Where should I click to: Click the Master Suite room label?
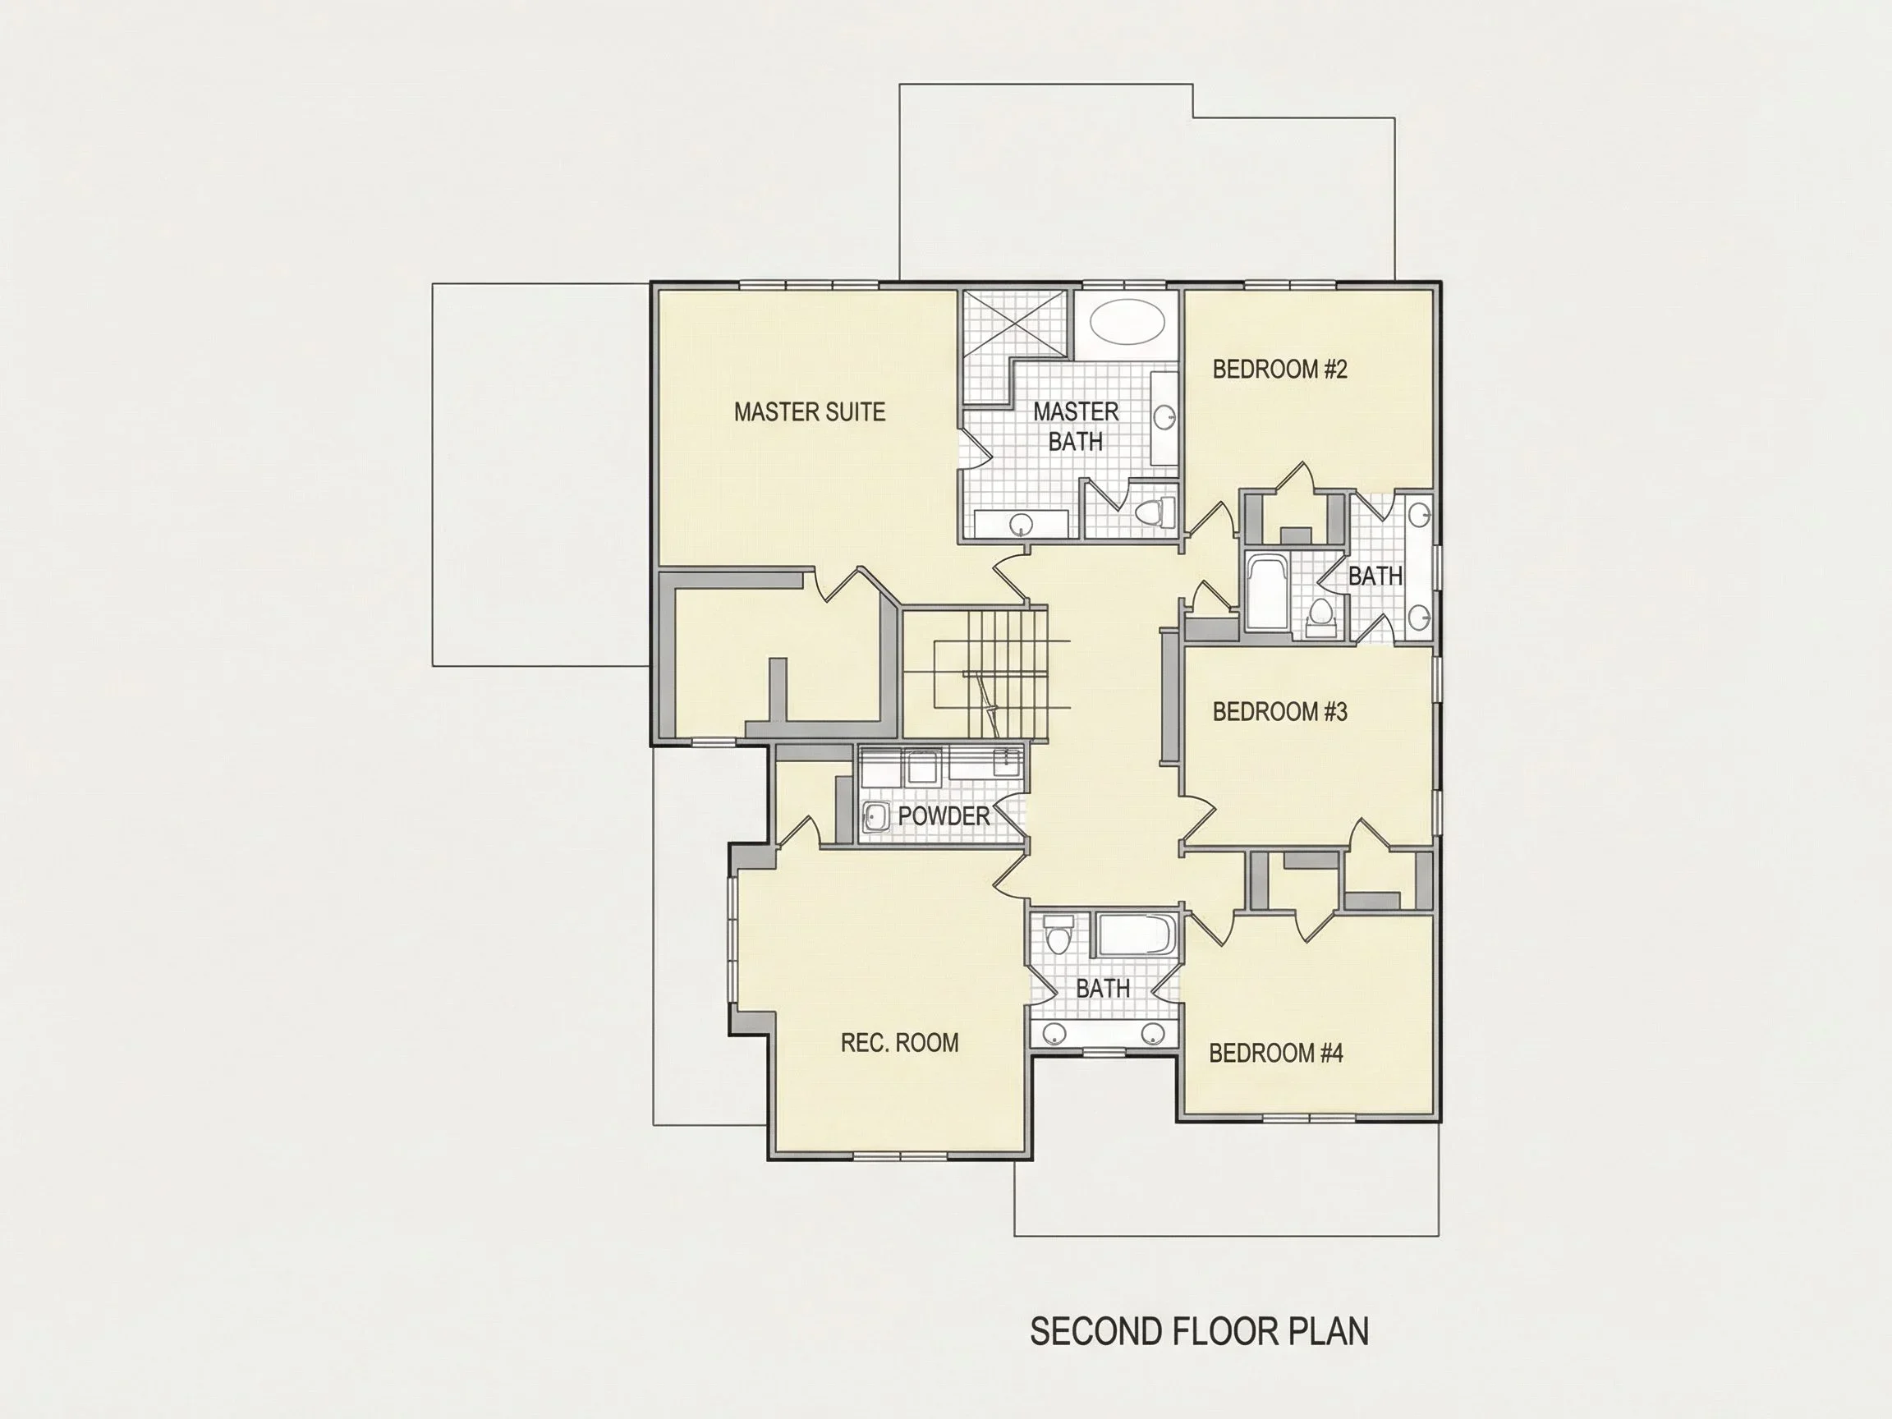pyautogui.click(x=809, y=412)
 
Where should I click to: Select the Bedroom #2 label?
pyautogui.click(x=1279, y=370)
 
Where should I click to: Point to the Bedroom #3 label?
pyautogui.click(x=1279, y=712)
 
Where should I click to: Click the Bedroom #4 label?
pyautogui.click(x=1276, y=1053)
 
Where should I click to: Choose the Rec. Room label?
pyautogui.click(x=900, y=1043)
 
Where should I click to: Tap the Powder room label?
pyautogui.click(x=944, y=816)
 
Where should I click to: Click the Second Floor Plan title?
pyautogui.click(x=1199, y=1332)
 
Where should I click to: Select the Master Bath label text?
pyautogui.click(x=1076, y=427)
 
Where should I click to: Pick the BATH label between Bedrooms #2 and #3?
pyautogui.click(x=1375, y=576)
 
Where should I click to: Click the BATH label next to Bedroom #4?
pyautogui.click(x=1104, y=989)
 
